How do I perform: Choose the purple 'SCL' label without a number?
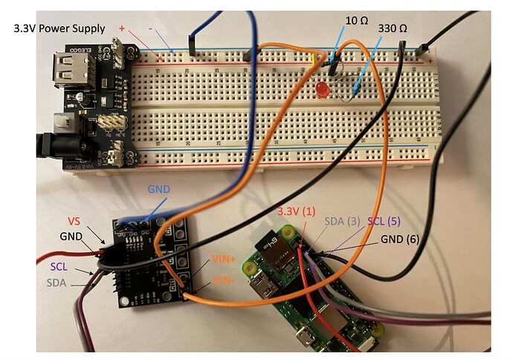coord(63,266)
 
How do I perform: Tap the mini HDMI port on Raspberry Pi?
coord(262,284)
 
